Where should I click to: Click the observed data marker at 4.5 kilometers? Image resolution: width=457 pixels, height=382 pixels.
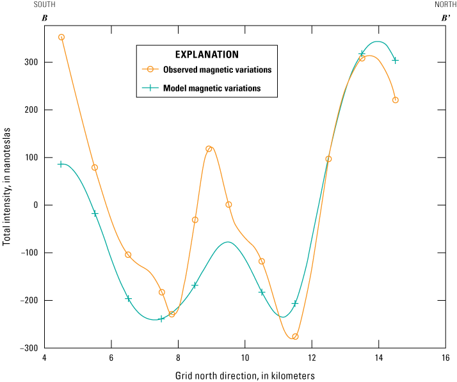[61, 37]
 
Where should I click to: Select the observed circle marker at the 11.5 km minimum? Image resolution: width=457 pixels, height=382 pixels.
[295, 337]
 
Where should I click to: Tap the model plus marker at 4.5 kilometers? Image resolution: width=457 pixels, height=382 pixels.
[61, 164]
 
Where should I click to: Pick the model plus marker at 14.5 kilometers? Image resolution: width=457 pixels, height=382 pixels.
[396, 60]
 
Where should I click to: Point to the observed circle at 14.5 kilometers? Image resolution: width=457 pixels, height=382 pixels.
[396, 100]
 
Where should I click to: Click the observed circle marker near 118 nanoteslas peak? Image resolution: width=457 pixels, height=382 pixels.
[209, 149]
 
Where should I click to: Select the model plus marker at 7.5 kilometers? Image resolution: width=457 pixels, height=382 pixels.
[161, 319]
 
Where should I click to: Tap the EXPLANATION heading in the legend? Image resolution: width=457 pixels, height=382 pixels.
[207, 54]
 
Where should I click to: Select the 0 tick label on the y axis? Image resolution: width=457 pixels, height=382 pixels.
[34, 205]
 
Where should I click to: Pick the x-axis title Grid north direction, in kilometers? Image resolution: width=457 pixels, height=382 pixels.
[245, 376]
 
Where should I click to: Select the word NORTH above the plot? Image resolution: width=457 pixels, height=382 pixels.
[445, 4]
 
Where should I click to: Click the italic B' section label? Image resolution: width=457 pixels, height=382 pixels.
[445, 18]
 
